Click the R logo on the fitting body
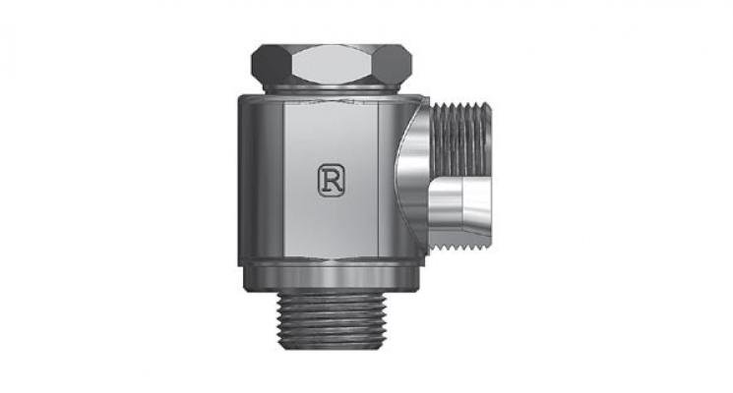[331, 178]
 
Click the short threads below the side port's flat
[460, 241]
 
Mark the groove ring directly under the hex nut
[333, 88]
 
